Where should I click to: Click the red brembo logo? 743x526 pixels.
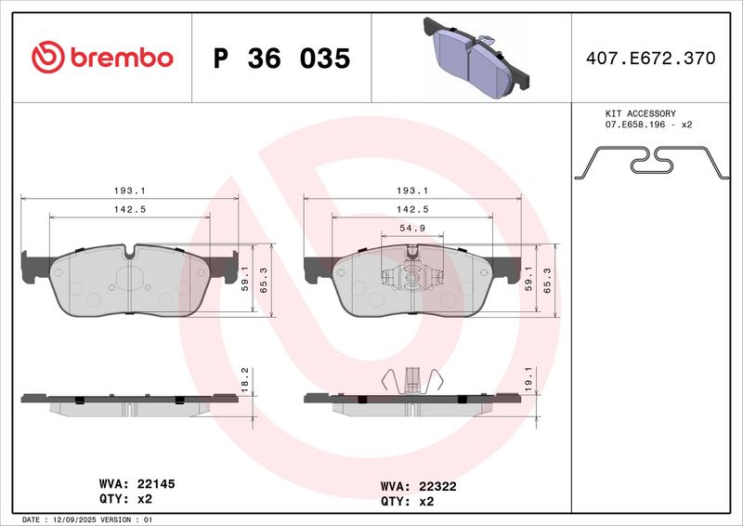point(102,58)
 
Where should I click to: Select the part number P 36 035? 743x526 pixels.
point(281,59)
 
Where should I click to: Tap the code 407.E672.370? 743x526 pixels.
point(651,58)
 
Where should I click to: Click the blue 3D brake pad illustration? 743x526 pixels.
point(476,58)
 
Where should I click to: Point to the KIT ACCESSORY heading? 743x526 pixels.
point(640,113)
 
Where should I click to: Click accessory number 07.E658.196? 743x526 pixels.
point(635,125)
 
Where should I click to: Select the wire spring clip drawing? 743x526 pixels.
point(652,163)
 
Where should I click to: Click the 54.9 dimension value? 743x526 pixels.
point(412,228)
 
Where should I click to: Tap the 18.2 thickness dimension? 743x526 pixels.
point(245,380)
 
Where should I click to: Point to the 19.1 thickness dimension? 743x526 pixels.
point(528,379)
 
